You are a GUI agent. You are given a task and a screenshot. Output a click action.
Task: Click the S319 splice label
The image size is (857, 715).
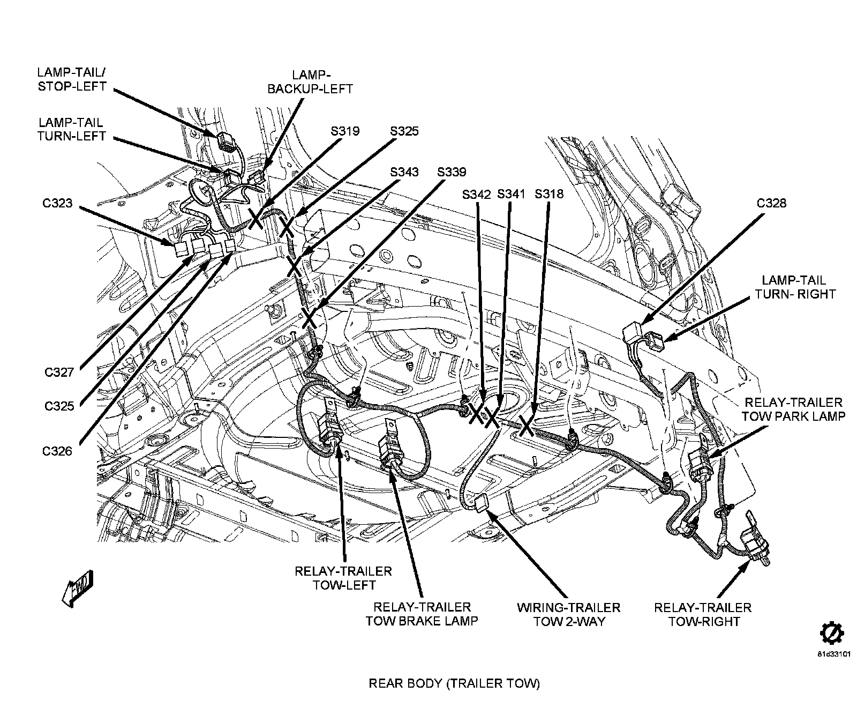345,131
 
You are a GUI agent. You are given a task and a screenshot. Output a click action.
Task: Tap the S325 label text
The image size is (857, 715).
404,131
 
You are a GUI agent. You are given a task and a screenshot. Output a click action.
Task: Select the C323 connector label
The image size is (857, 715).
57,204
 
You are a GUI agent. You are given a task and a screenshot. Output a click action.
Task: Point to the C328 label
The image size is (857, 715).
771,203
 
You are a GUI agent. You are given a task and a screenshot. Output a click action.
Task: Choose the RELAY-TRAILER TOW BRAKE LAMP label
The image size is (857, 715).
422,614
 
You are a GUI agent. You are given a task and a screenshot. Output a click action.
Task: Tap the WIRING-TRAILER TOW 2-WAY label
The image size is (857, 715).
568,614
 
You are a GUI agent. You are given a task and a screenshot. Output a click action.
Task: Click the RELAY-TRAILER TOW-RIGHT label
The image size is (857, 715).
702,614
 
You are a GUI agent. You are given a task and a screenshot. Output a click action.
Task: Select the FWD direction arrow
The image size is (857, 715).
77,589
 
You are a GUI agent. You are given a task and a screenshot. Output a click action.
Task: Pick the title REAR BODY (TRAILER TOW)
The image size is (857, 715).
454,683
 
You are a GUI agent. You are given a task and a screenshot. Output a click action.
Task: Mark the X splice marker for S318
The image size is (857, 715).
526,425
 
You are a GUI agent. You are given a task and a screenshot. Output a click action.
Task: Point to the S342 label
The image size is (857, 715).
476,194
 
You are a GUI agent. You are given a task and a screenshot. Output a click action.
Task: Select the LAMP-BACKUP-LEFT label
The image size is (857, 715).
310,81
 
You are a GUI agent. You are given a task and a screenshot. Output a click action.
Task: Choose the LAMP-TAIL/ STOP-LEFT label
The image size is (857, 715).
72,79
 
